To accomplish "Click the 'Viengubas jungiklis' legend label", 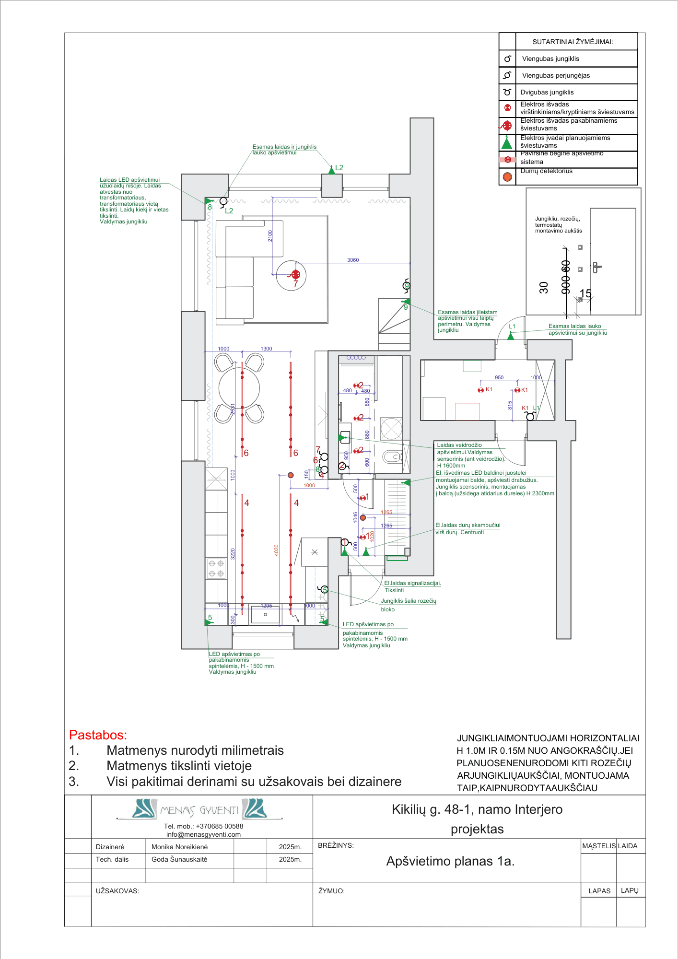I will point(550,58).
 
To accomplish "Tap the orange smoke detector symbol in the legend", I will point(507,176).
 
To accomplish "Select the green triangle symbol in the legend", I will point(507,142).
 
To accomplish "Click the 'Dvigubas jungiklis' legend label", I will point(547,92).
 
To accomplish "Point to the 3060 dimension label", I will point(353,260).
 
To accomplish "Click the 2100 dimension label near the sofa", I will point(270,236).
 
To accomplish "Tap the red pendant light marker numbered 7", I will point(295,275).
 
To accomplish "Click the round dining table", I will point(239,387).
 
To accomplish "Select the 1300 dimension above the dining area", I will point(266,349).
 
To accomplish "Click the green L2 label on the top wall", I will point(339,167).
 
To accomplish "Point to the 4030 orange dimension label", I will point(276,550).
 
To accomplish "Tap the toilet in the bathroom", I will point(392,456).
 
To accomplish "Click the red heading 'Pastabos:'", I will point(98,735).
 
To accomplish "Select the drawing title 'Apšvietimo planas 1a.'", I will point(450,861).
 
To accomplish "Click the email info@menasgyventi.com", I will point(203,834).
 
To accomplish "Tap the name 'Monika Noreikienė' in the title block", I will point(179,847).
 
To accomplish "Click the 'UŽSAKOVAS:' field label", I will point(117,891).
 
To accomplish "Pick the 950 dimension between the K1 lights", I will point(499,377).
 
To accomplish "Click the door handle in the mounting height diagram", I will point(596,267).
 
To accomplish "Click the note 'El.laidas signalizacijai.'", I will point(412,583).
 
